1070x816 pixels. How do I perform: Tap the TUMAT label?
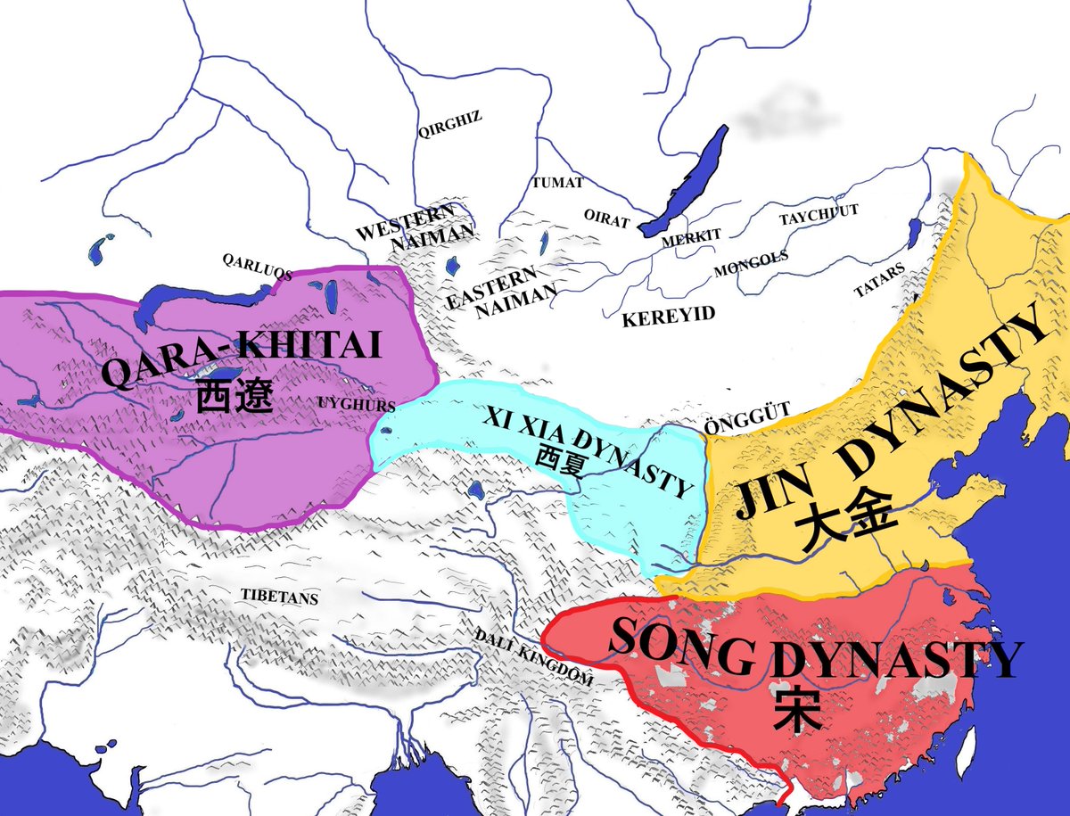[x=557, y=183]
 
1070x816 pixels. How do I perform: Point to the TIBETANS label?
[x=279, y=596]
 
